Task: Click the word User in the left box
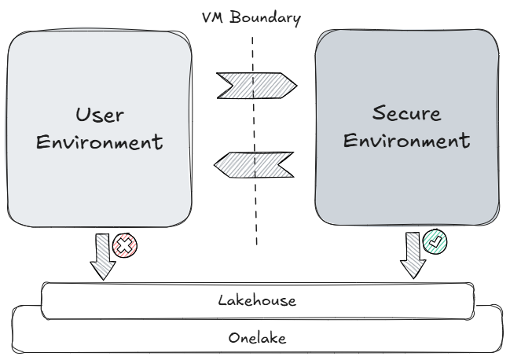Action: tap(99, 115)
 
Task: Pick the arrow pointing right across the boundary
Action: tap(255, 82)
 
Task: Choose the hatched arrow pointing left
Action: tap(255, 164)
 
